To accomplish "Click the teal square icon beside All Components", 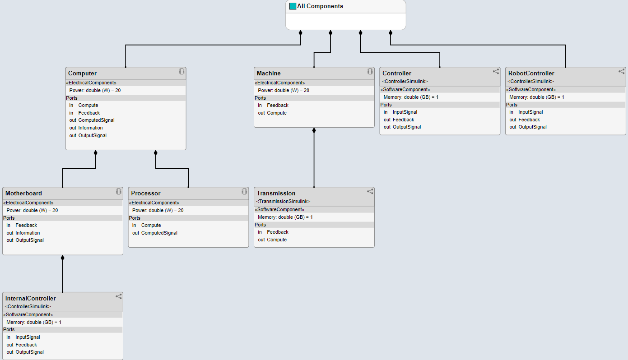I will coord(293,6).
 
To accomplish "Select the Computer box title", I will coord(82,73).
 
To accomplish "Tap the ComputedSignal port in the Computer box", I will coord(96,120).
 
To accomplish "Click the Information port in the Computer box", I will coord(90,128).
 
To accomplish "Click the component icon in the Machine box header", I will coord(370,71).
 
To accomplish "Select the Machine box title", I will coord(269,73).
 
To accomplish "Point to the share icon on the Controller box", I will coord(496,71).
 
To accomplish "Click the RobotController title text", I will coord(531,73).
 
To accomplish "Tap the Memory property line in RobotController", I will coord(536,97).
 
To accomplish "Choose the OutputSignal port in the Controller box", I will coord(406,127).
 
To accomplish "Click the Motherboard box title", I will coord(23,193).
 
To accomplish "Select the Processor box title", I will coord(145,193).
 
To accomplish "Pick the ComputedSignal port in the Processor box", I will coord(159,233).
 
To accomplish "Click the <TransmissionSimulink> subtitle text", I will coord(283,201).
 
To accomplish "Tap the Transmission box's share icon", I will coord(370,191).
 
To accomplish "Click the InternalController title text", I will coord(31,298).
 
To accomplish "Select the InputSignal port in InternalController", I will coord(28,337).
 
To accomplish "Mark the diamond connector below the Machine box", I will coord(314,131).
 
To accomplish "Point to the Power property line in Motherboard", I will coord(32,210).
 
